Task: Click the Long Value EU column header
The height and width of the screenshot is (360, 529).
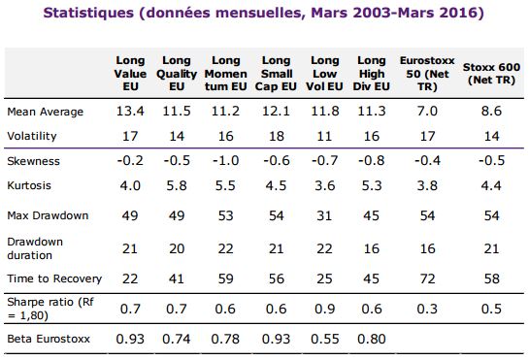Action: [130, 74]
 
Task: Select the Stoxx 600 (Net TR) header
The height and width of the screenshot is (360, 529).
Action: [491, 74]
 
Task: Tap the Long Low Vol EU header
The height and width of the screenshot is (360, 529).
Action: [324, 74]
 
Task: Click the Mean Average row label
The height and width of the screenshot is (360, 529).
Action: [46, 112]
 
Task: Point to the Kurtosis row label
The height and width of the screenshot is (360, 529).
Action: [29, 185]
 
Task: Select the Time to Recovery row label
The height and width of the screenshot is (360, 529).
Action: [54, 278]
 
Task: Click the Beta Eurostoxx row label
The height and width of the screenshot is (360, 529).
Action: [49, 339]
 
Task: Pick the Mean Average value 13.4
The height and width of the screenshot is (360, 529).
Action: [130, 111]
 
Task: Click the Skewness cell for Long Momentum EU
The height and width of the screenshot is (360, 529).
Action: [226, 160]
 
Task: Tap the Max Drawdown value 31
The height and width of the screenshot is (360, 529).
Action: [324, 215]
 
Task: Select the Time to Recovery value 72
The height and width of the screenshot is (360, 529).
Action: [427, 278]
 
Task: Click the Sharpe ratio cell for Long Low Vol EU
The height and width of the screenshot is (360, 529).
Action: [324, 309]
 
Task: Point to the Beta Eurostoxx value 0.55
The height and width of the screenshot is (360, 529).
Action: [324, 339]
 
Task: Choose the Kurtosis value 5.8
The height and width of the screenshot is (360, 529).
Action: [177, 185]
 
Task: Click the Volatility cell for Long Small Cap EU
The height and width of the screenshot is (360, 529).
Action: [276, 136]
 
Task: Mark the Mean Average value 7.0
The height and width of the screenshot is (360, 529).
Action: [427, 111]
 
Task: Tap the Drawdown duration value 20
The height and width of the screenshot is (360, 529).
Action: [177, 248]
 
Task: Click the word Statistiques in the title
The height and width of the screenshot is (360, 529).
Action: [88, 13]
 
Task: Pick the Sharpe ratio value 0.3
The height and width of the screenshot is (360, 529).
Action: [427, 309]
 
